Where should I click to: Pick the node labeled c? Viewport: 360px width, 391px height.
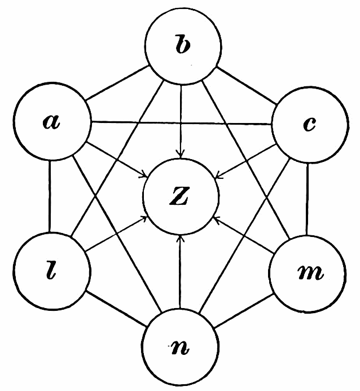click(x=309, y=124)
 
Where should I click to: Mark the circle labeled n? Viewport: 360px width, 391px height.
click(x=179, y=345)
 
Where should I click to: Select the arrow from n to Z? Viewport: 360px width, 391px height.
click(x=179, y=271)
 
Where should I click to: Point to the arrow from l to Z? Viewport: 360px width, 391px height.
click(x=116, y=234)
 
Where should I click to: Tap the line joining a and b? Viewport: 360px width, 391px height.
click(x=116, y=85)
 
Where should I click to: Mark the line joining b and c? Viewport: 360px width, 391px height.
click(x=245, y=86)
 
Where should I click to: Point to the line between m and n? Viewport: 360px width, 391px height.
click(x=244, y=309)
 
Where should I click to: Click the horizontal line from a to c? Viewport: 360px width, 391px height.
click(x=181, y=123)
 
